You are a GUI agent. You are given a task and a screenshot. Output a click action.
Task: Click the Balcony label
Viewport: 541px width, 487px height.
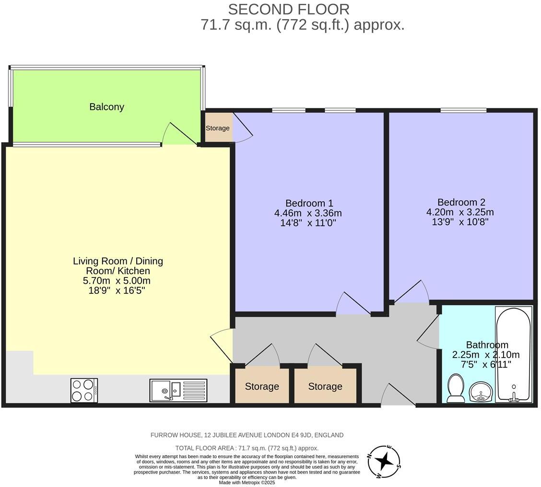point(106,107)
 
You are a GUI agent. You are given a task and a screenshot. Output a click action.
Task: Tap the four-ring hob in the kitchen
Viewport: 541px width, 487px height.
point(84,390)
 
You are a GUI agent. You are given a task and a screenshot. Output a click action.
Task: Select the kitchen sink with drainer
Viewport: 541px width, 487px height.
point(178,390)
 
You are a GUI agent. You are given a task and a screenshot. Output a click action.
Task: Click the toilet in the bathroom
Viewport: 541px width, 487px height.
point(455,388)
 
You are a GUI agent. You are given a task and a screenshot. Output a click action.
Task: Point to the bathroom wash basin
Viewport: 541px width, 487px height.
point(480,392)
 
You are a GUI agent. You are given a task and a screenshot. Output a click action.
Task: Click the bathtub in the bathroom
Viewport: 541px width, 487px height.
point(513,354)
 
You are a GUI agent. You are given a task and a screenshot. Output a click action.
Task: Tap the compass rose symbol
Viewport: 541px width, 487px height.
point(384,462)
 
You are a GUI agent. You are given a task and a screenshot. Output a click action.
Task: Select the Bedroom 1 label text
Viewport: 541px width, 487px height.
point(309,203)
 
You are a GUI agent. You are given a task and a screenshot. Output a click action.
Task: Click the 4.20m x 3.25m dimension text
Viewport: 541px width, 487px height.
point(460,212)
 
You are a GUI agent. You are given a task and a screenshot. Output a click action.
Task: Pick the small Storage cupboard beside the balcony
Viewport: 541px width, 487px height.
point(218,128)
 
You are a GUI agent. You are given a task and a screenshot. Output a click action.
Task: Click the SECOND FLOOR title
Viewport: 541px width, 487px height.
point(288,9)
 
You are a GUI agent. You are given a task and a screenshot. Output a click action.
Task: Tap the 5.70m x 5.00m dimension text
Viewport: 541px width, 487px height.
point(117,281)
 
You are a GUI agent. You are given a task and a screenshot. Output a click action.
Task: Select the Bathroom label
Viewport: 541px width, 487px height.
point(487,345)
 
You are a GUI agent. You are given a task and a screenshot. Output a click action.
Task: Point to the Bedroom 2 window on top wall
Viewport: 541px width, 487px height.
point(463,111)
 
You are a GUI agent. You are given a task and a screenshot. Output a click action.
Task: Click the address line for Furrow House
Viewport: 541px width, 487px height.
point(247,435)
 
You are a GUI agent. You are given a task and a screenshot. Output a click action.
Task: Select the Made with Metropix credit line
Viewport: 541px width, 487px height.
point(247,482)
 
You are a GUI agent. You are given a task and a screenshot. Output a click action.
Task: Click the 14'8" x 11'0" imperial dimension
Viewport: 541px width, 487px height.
point(308,223)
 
